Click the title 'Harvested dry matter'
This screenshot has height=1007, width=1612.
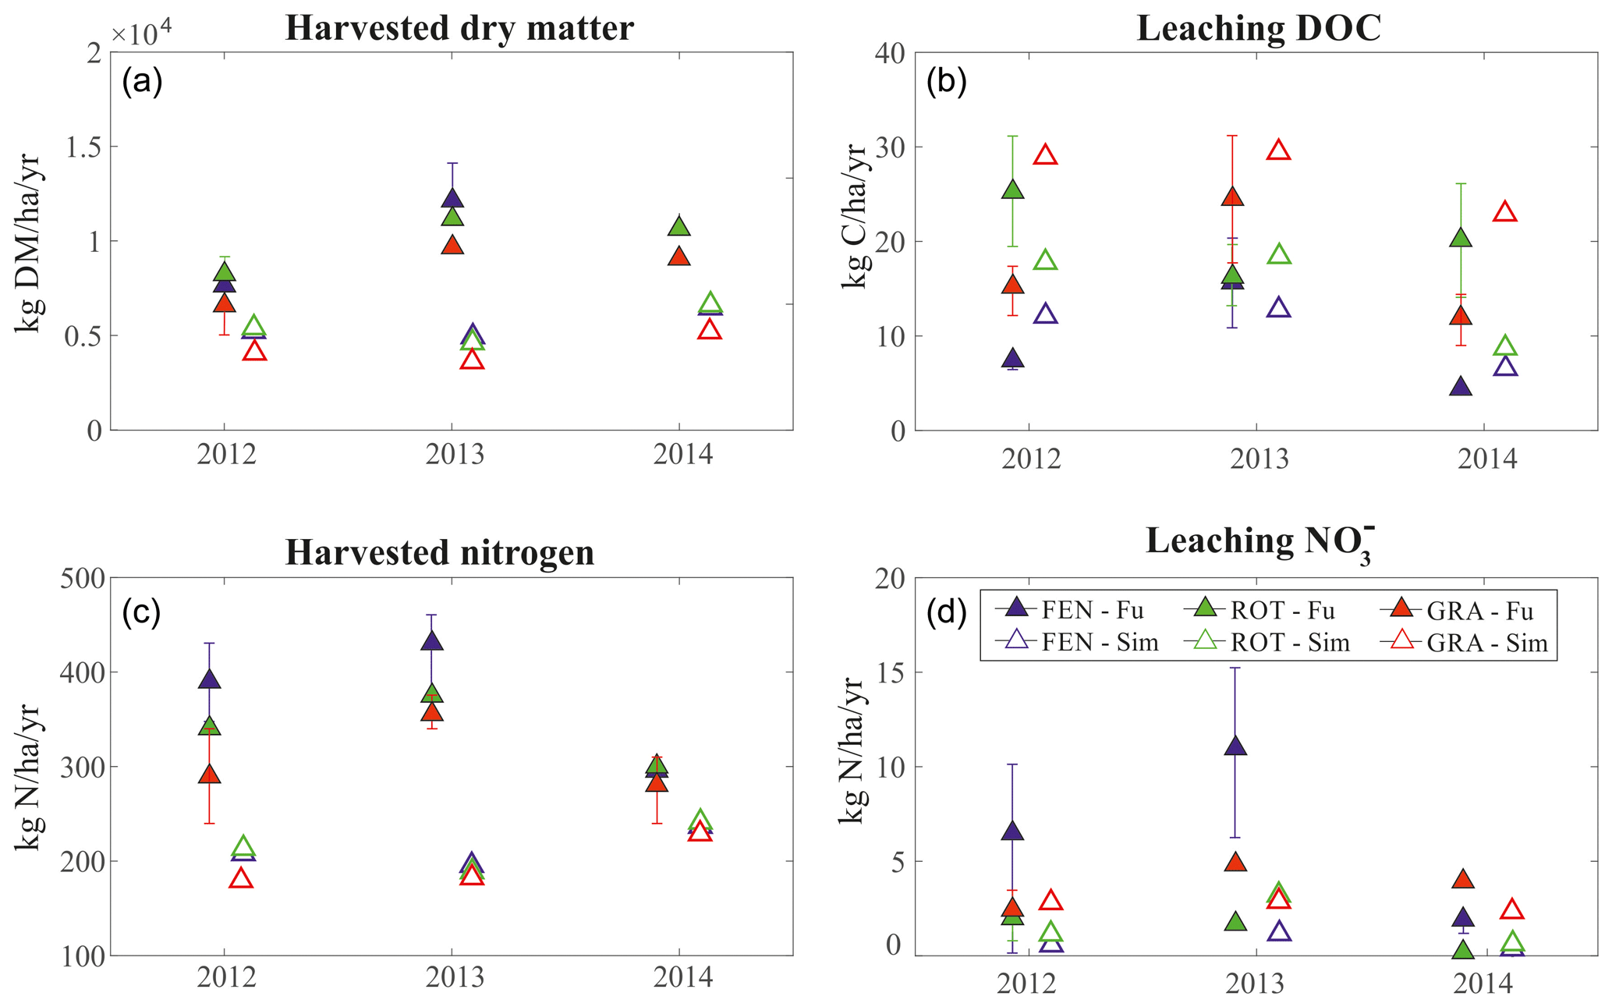(x=459, y=28)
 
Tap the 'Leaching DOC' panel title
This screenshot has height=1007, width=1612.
(x=1259, y=28)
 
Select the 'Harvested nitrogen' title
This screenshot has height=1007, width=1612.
(x=440, y=552)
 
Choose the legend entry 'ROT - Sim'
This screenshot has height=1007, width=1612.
(x=1267, y=643)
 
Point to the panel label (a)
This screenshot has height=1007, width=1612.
(x=142, y=81)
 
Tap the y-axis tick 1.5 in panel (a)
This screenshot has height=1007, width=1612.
(x=83, y=147)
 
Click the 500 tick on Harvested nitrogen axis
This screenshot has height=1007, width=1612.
(x=82, y=578)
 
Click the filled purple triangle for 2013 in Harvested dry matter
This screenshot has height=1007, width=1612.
(x=452, y=198)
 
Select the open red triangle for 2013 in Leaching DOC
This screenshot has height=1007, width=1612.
(x=1278, y=151)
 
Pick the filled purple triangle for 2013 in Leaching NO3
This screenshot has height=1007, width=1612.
(x=1235, y=746)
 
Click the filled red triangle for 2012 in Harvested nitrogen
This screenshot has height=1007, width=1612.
(x=209, y=775)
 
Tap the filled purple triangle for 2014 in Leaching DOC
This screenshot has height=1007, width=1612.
(x=1461, y=387)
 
